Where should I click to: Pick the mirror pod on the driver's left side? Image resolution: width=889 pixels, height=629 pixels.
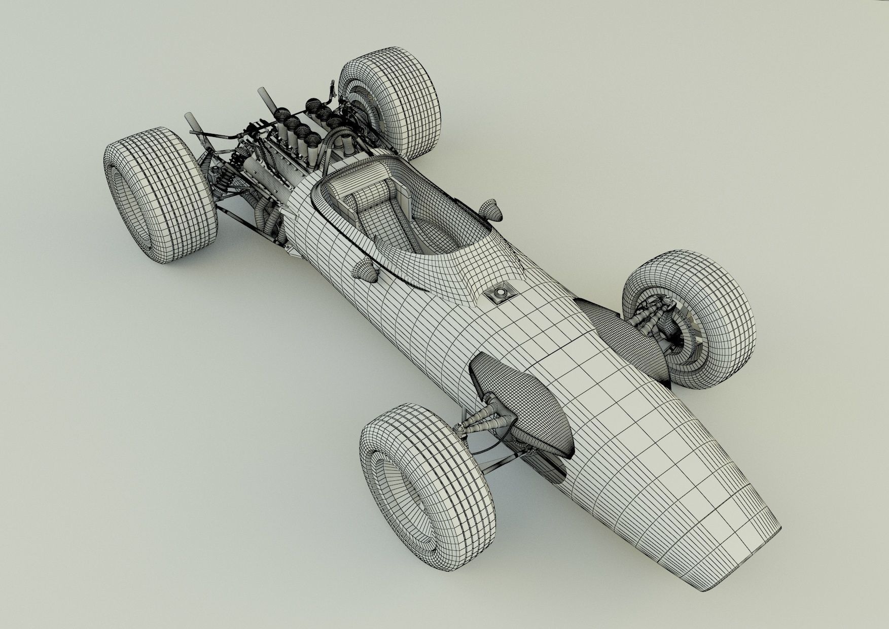click(x=368, y=270)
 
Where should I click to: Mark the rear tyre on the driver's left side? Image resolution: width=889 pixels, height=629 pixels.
click(x=160, y=195)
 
